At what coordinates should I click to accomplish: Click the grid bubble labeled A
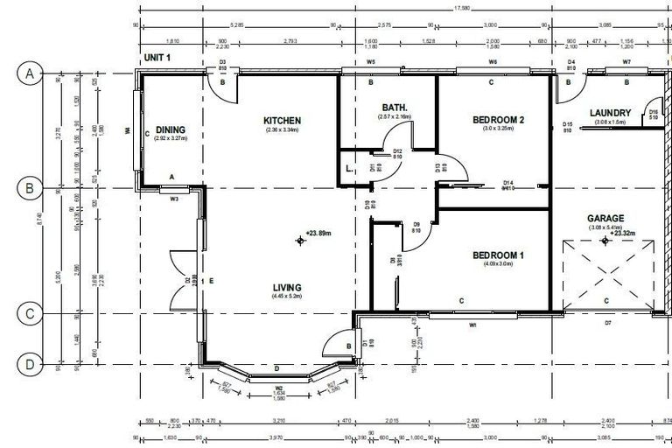[x=28, y=74]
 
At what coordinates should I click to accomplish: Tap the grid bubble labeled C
[x=28, y=313]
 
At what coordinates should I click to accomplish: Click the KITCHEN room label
[x=282, y=121]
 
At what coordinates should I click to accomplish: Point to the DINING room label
[x=171, y=129]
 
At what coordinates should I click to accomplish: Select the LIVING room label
[x=286, y=287]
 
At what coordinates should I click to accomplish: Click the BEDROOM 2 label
[x=497, y=120]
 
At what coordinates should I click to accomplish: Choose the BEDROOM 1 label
[x=497, y=255]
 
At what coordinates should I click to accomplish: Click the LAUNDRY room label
[x=611, y=113]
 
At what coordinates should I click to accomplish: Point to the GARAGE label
[x=605, y=219]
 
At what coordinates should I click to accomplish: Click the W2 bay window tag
[x=279, y=388]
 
